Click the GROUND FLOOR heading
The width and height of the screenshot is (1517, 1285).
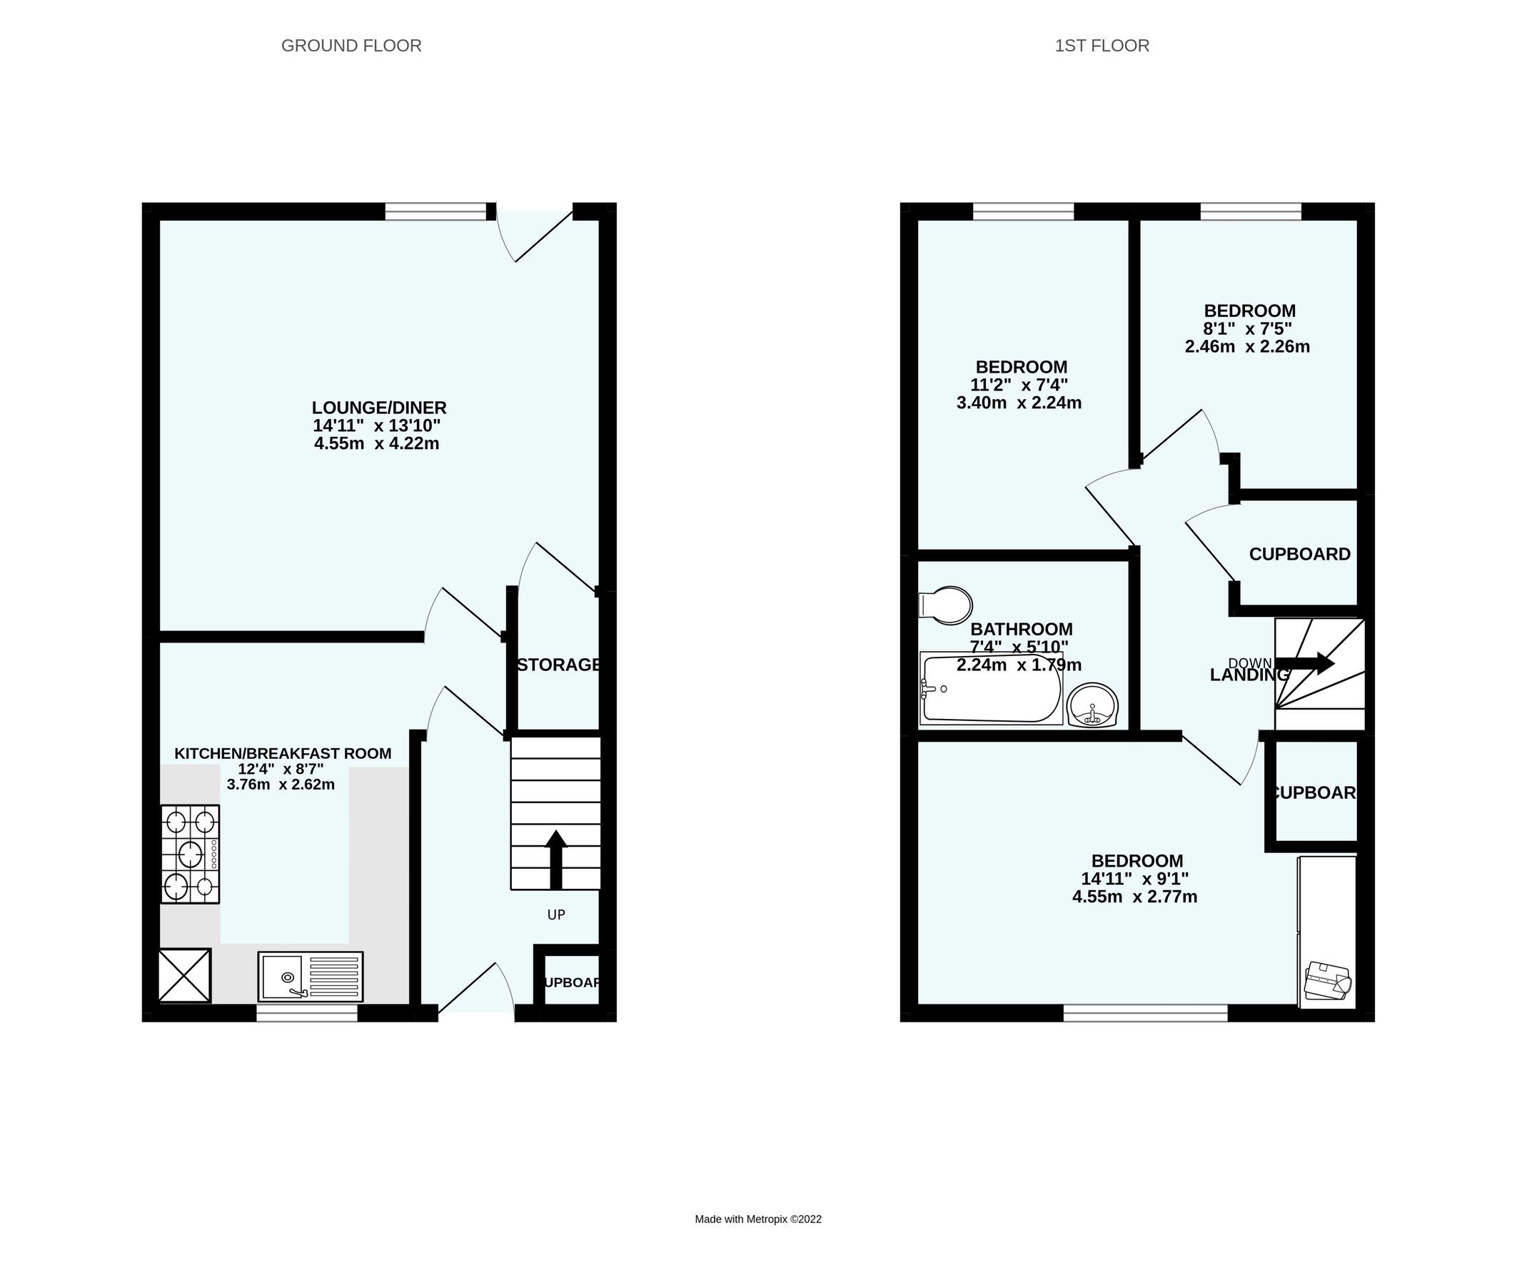click(x=351, y=46)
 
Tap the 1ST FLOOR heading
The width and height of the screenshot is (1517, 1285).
click(x=1101, y=46)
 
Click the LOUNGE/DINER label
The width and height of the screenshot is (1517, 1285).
click(x=378, y=408)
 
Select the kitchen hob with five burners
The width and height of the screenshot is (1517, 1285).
click(x=190, y=854)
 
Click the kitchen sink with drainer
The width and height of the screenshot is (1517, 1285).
click(x=311, y=976)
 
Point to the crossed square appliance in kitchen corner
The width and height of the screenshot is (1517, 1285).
click(x=185, y=974)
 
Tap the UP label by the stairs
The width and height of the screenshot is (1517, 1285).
click(x=555, y=915)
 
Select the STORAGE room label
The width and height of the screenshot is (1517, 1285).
click(x=558, y=665)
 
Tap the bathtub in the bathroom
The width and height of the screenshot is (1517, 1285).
click(x=991, y=689)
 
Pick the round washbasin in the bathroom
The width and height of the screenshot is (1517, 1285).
click(x=1092, y=705)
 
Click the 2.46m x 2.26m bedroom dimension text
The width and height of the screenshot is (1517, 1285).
click(x=1247, y=347)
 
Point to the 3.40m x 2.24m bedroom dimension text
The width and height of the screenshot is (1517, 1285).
click(x=1018, y=403)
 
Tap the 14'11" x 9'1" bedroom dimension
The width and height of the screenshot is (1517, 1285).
click(x=1134, y=879)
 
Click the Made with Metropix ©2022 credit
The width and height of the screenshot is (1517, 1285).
click(x=757, y=1219)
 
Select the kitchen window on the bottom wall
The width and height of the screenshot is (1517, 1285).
click(x=306, y=1013)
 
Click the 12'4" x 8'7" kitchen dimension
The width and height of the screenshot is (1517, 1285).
click(x=281, y=770)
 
